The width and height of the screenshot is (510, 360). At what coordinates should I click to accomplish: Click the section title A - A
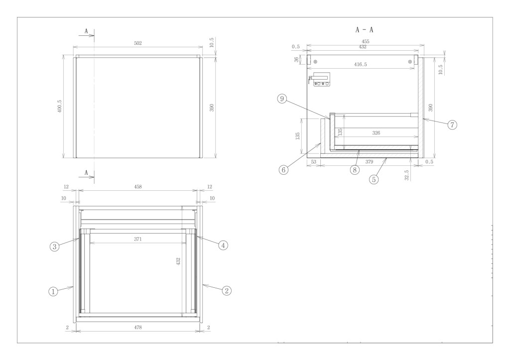[x=364, y=30]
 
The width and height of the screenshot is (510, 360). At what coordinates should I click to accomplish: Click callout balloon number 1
[x=53, y=291]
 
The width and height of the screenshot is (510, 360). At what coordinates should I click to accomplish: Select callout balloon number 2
[x=227, y=290]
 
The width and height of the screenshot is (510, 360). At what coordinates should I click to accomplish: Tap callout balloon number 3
[x=54, y=246]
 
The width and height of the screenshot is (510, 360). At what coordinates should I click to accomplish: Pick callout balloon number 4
[x=223, y=245]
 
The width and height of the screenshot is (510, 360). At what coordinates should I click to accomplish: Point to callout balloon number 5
[x=374, y=179]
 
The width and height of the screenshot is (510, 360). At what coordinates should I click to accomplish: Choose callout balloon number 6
[x=283, y=170]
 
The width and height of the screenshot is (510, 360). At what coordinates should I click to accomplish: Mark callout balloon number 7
[x=452, y=124]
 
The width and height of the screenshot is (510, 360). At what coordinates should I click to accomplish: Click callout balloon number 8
[x=355, y=170]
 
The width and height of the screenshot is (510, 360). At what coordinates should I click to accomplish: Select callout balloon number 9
[x=282, y=99]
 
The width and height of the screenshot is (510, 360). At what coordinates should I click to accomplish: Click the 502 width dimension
[x=138, y=43]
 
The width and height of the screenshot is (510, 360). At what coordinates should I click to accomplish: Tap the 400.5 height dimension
[x=60, y=107]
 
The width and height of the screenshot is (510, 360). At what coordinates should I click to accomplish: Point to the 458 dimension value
[x=138, y=187]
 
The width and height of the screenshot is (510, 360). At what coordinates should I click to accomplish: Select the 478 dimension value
[x=138, y=328]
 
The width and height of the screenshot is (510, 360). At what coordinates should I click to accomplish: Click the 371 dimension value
[x=138, y=240]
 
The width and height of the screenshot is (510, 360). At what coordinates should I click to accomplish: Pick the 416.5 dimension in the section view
[x=361, y=64]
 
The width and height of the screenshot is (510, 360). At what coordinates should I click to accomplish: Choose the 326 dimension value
[x=376, y=133]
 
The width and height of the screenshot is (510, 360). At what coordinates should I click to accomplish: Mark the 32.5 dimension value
[x=407, y=175]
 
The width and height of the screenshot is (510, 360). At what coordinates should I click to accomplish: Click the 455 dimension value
[x=366, y=42]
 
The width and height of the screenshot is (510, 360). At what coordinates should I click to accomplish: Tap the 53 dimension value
[x=314, y=162]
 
